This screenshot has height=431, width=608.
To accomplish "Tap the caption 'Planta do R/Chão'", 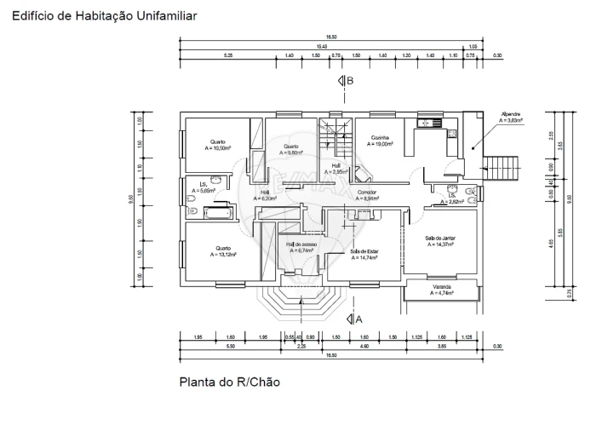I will point(228,382).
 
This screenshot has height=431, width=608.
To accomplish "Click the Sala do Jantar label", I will point(439,240).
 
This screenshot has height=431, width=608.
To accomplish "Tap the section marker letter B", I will point(349,80).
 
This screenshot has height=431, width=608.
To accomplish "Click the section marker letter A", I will point(358,319).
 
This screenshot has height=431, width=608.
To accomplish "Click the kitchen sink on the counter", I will point(435,123).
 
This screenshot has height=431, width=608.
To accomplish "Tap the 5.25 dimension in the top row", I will point(228,55).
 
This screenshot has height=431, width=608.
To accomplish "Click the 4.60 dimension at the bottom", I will point(364,347).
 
